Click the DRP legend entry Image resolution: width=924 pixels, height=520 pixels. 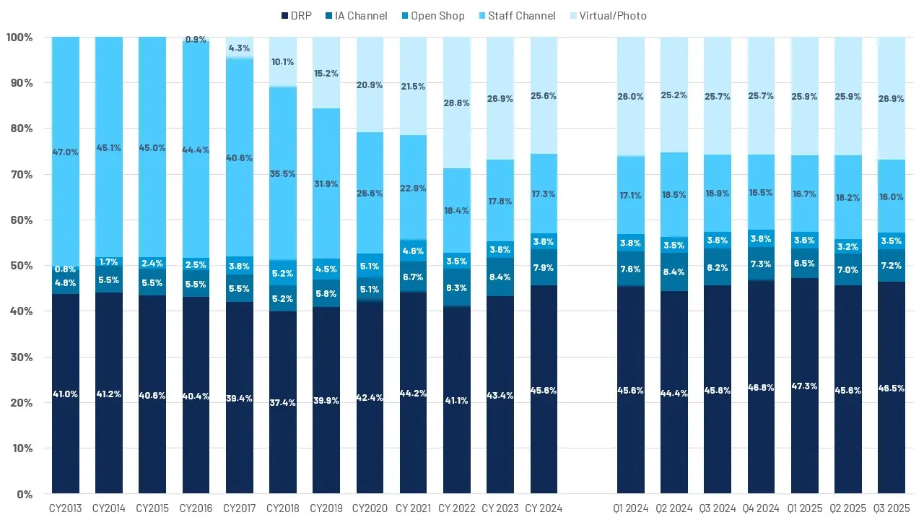click(295, 15)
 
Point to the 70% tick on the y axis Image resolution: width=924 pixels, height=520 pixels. click(19, 174)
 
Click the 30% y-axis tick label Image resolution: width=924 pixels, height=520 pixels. click(19, 357)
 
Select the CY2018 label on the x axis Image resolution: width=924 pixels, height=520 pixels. click(283, 508)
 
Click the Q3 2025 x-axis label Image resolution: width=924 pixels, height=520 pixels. click(892, 508)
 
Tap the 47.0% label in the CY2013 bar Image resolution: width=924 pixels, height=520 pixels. click(66, 152)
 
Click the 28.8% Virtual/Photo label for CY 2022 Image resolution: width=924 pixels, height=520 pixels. click(457, 103)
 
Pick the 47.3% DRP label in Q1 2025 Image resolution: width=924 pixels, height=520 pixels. click(805, 386)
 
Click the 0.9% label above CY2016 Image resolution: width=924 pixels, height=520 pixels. click(196, 40)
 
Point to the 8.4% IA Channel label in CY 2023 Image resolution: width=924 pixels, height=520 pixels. click(500, 277)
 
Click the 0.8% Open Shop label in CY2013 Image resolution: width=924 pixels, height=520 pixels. click(66, 270)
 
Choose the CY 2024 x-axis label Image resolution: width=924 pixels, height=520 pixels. click(544, 508)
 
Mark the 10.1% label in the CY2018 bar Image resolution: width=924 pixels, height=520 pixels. click(283, 61)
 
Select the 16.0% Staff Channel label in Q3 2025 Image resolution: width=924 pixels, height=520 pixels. click(892, 196)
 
